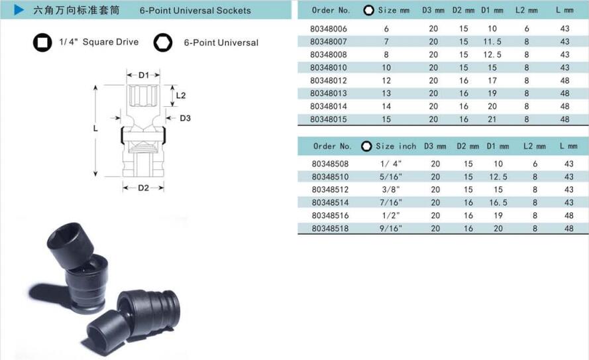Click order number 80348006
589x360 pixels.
point(329,29)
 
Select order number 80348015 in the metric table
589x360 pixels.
point(329,119)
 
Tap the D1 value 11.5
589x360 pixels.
point(492,41)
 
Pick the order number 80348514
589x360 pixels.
point(330,203)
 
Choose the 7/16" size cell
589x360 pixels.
point(391,203)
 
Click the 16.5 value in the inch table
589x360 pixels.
point(498,203)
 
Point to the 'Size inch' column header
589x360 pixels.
point(396,146)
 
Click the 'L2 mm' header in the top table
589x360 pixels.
point(526,11)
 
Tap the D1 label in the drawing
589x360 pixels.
point(144,75)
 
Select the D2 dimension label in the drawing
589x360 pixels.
point(144,188)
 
